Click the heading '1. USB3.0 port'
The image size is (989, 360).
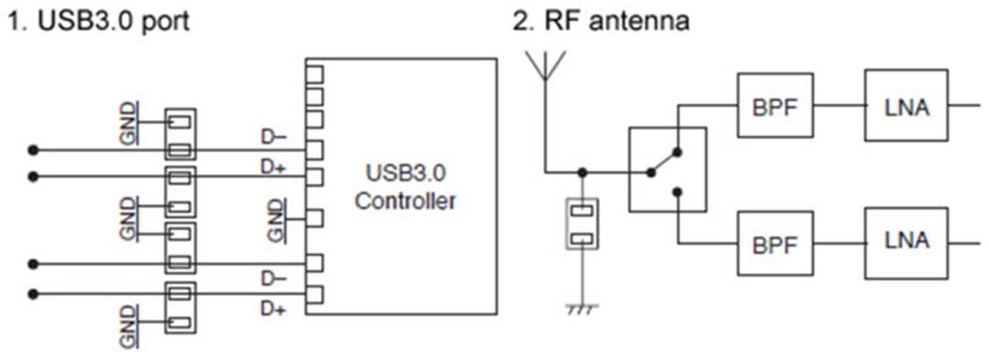(99, 20)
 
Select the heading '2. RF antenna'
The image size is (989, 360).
(600, 20)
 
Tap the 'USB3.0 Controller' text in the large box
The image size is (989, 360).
(405, 187)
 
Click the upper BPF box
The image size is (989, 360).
(775, 105)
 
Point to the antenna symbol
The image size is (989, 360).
(544, 66)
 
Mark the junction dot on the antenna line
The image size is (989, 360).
(581, 171)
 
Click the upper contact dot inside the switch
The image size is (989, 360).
(677, 152)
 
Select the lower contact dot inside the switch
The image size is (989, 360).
(677, 192)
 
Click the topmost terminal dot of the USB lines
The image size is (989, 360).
(33, 149)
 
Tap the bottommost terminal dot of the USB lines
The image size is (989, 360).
(33, 294)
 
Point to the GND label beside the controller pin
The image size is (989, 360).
(275, 220)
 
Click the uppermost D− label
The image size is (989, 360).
(273, 138)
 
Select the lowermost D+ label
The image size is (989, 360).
(273, 309)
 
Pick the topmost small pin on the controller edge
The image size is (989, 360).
(314, 73)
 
